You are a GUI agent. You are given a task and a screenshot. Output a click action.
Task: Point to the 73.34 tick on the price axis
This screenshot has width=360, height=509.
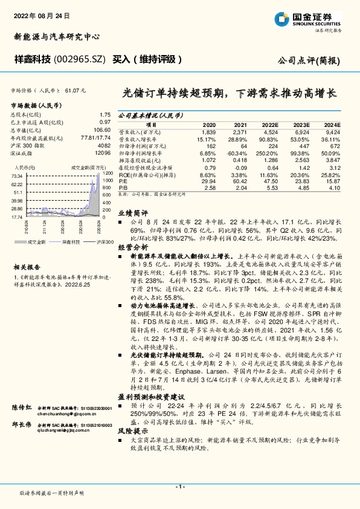point(17,175)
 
